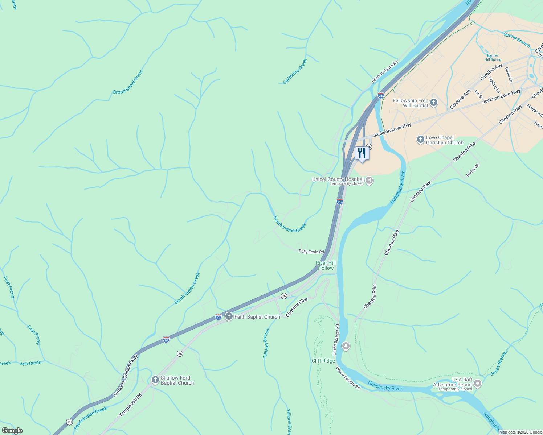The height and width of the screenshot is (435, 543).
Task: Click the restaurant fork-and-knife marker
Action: click(362, 153)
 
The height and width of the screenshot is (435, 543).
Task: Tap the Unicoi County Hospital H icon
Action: click(369, 181)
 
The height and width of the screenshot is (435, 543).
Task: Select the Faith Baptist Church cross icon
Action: click(229, 316)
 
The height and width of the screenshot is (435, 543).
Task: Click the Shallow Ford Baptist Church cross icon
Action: click(155, 380)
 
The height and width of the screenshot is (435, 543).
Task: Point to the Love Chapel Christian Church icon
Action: click(420, 140)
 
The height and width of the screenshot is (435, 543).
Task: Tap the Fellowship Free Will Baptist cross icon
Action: click(434, 103)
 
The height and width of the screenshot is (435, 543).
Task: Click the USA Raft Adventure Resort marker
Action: click(478, 383)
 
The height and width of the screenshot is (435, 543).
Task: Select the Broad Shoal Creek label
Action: click(128, 82)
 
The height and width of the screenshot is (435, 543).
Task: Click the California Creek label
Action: click(295, 71)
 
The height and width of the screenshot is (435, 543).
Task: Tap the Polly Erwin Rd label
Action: click(311, 252)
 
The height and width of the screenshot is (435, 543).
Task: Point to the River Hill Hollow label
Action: click(326, 265)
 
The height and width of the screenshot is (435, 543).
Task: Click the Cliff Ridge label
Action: click(323, 361)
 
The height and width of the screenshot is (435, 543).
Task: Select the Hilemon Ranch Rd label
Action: click(385, 71)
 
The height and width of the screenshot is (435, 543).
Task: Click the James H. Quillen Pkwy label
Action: click(125, 375)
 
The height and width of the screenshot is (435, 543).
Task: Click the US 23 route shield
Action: click(69, 422)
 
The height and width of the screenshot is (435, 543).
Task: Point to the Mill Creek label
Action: click(31, 363)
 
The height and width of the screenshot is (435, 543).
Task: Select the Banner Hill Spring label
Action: click(493, 58)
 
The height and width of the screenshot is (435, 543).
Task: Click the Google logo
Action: click(12, 431)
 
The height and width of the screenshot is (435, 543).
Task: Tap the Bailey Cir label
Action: click(473, 170)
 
